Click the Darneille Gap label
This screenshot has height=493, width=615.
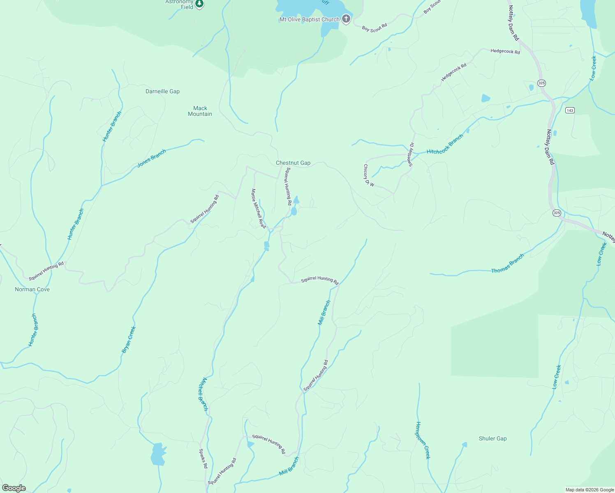click(162, 91)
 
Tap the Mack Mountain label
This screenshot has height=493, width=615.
click(200, 111)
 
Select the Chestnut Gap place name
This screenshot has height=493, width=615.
click(293, 163)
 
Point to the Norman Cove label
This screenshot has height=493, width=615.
click(32, 289)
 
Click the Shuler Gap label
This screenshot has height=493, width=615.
click(492, 438)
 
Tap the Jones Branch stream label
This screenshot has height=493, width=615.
click(151, 158)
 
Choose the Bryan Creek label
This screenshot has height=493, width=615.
click(129, 340)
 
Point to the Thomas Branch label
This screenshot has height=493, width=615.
click(508, 263)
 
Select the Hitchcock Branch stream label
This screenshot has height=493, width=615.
click(445, 145)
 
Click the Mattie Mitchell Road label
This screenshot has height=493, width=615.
click(259, 208)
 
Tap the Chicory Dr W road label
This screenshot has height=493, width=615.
click(368, 175)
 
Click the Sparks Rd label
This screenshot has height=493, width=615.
click(203, 458)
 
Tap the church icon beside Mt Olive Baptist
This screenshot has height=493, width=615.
click(346, 19)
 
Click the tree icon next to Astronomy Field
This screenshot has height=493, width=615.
click(199, 4)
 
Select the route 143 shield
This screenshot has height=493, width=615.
click(569, 110)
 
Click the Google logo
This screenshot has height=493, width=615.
click(14, 488)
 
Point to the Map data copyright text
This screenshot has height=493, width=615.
click(589, 490)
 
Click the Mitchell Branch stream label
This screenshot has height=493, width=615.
click(203, 394)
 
